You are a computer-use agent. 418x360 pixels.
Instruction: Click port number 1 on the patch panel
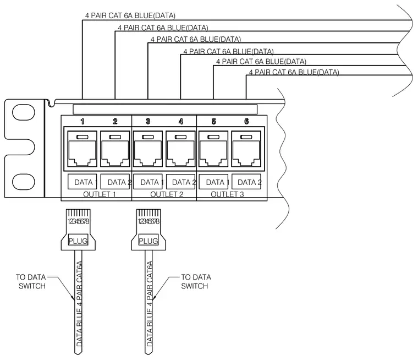click(x=82, y=122)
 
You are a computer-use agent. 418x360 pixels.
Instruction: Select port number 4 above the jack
click(x=181, y=122)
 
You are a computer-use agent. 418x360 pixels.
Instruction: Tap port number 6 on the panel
click(x=246, y=122)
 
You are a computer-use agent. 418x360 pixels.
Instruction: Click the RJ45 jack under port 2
click(x=115, y=149)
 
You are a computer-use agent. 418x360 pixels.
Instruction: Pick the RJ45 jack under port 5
click(x=213, y=149)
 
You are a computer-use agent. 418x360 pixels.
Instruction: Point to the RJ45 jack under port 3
click(x=148, y=149)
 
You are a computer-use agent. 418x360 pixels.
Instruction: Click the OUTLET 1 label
click(x=100, y=194)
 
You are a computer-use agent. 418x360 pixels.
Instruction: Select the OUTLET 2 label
click(x=167, y=194)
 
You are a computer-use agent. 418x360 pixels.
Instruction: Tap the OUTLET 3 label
click(x=227, y=194)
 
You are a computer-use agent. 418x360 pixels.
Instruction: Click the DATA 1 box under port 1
click(x=82, y=182)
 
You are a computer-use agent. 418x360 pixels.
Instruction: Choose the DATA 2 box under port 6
click(x=246, y=182)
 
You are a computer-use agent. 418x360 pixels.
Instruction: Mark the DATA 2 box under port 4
click(x=181, y=182)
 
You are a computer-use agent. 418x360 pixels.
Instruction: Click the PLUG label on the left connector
click(x=78, y=241)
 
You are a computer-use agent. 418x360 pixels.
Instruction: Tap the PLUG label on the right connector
click(x=148, y=241)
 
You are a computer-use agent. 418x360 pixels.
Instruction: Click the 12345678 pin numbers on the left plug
click(x=78, y=221)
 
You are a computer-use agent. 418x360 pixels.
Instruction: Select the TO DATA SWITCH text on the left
click(x=31, y=281)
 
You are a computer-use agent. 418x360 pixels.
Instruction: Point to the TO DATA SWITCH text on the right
click(x=196, y=281)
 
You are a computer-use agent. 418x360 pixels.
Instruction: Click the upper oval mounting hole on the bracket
click(x=24, y=112)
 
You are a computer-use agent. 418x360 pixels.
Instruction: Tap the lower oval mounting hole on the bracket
click(x=24, y=182)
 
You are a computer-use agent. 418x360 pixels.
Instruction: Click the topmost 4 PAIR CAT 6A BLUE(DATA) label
click(x=130, y=15)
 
